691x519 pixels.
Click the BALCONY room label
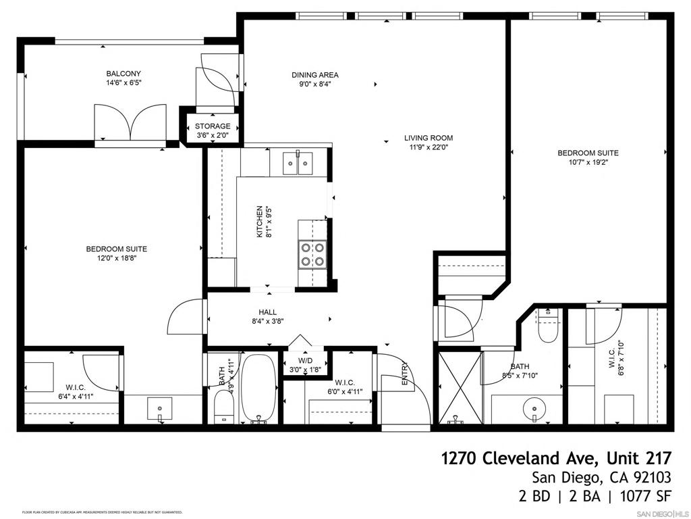pos(123,74)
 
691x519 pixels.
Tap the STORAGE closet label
pos(213,126)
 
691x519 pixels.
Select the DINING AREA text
pos(315,75)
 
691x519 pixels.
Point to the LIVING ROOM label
pos(429,138)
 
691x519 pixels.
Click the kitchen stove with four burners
pos(312,254)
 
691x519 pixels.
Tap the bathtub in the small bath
pos(258,389)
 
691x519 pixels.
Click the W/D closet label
pos(300,360)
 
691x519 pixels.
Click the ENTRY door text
pos(405,375)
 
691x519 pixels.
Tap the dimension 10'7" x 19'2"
pos(588,162)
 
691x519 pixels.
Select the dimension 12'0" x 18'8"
pos(116,258)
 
